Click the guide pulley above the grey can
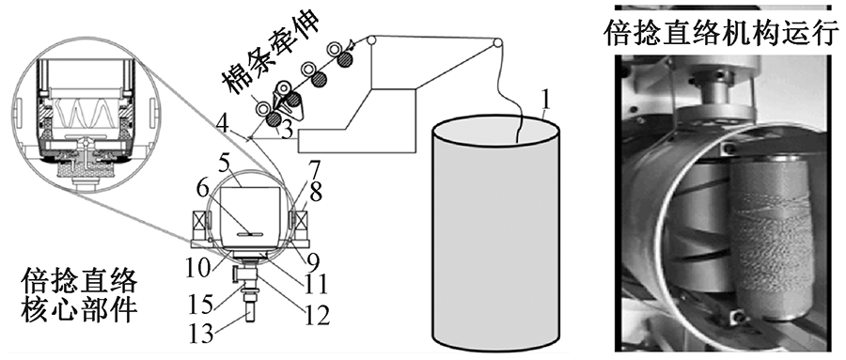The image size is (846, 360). [x=497, y=42]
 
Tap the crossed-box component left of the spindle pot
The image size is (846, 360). [x=196, y=220]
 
